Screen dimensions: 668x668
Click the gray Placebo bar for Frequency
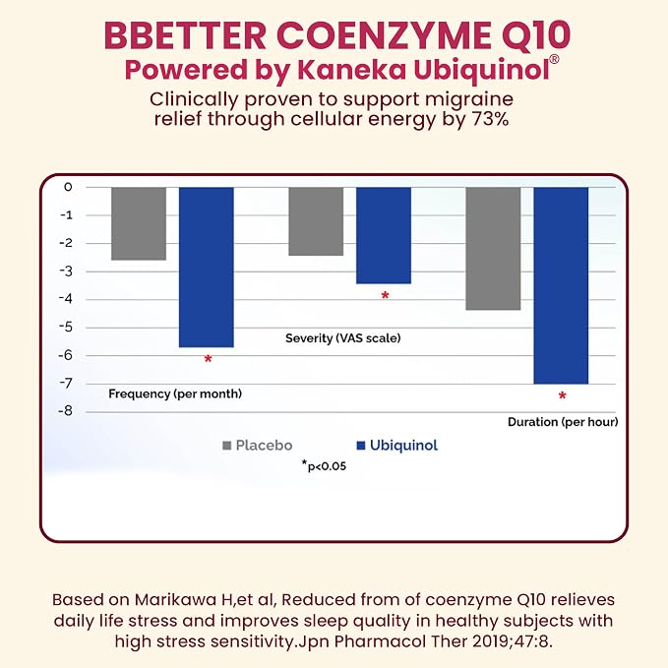pyautogui.click(x=139, y=223)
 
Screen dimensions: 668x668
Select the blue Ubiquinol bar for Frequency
pyautogui.click(x=207, y=268)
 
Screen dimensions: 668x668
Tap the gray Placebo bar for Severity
pyautogui.click(x=316, y=221)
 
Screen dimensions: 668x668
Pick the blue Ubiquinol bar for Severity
pyautogui.click(x=384, y=235)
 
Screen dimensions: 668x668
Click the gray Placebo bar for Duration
pyautogui.click(x=493, y=248)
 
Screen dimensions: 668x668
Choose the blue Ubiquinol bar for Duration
pyautogui.click(x=561, y=285)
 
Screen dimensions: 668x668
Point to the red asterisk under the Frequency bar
pyautogui.click(x=208, y=359)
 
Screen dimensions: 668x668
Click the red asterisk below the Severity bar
pyautogui.click(x=385, y=295)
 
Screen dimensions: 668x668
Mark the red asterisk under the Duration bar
pyautogui.click(x=563, y=395)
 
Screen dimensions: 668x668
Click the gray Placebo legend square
pyautogui.click(x=227, y=446)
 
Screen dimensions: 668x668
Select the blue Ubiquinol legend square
pyautogui.click(x=361, y=446)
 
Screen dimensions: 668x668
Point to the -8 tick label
pyautogui.click(x=65, y=411)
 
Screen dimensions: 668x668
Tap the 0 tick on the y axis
pyautogui.click(x=68, y=187)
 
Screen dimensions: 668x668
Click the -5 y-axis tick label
pyautogui.click(x=65, y=328)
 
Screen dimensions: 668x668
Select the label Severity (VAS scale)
pyautogui.click(x=343, y=338)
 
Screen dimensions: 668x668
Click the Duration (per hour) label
pyautogui.click(x=563, y=422)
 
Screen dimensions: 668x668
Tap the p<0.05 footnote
pyautogui.click(x=325, y=466)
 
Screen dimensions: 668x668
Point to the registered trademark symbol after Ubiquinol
pyautogui.click(x=554, y=60)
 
